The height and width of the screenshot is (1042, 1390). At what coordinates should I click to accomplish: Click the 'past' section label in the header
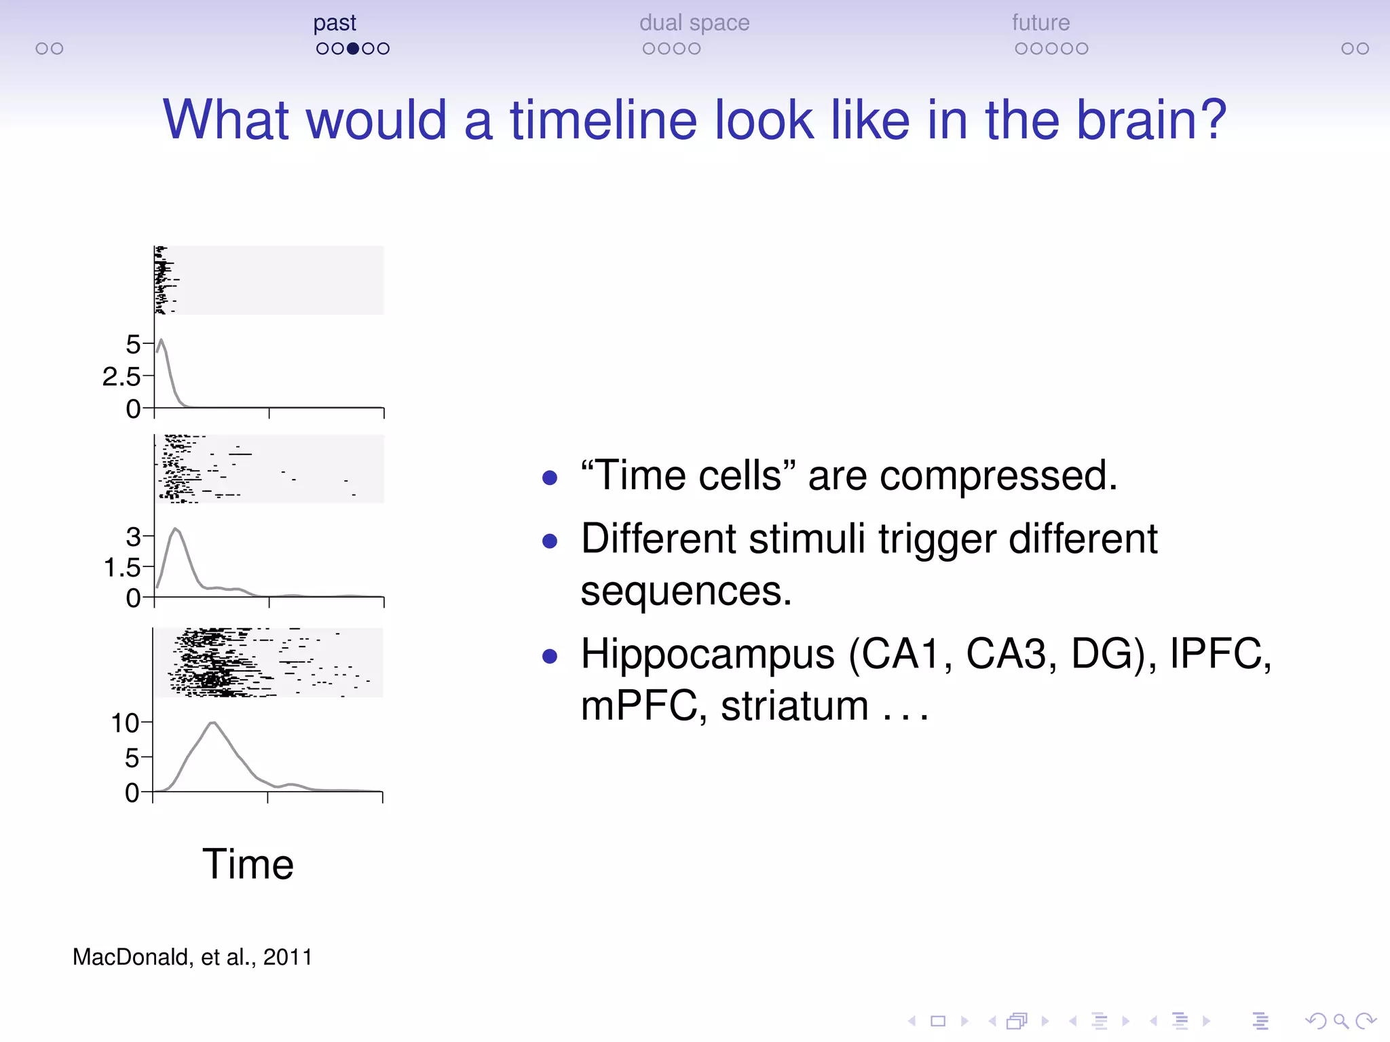[x=334, y=24]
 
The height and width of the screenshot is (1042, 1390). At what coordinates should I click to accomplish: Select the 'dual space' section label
[x=694, y=24]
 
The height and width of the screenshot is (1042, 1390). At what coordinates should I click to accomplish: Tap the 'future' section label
[x=1040, y=24]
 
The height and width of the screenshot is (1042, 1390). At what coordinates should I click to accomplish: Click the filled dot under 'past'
[x=353, y=49]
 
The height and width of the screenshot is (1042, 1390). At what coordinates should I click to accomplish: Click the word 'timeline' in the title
[x=603, y=120]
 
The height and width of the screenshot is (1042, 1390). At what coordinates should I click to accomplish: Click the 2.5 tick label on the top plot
[x=121, y=377]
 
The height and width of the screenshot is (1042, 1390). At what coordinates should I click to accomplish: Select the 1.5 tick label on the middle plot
[x=121, y=567]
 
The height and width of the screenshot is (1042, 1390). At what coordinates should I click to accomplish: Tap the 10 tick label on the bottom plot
[x=125, y=723]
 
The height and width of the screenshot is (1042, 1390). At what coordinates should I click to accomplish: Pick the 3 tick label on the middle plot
[x=132, y=537]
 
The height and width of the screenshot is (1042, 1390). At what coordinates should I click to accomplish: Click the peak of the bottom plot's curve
[x=213, y=723]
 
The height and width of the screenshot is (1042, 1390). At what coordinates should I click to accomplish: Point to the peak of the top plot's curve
[x=161, y=340]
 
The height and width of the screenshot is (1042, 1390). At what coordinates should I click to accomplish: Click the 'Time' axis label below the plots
[x=248, y=864]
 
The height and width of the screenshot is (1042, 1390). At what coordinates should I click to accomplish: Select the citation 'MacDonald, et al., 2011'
[x=192, y=957]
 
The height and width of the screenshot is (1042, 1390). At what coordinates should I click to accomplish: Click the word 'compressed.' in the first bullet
[x=998, y=476]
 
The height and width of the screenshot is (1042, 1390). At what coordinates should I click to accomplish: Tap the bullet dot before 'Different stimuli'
[x=550, y=541]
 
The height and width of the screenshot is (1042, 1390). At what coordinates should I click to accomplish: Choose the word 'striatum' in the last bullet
[x=794, y=706]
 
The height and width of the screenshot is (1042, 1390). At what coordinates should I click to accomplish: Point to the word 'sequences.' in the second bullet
[x=685, y=591]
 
